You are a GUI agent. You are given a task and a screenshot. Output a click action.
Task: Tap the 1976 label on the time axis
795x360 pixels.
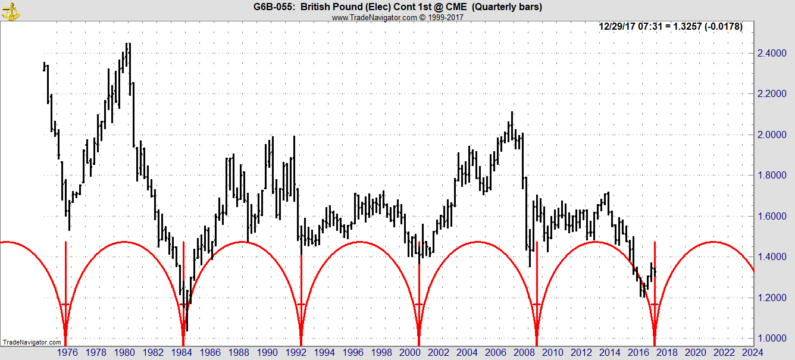[x=67, y=352]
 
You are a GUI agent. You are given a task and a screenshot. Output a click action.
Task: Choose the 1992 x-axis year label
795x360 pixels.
[x=297, y=352]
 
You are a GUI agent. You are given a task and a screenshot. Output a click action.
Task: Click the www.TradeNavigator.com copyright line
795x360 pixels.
[x=397, y=17]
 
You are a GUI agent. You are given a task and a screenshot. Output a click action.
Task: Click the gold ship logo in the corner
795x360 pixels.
[x=10, y=10]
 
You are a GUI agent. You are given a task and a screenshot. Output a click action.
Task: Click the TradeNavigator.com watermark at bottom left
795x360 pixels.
[x=32, y=342]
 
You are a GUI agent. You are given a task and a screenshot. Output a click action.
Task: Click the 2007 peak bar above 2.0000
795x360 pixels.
[x=511, y=113]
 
